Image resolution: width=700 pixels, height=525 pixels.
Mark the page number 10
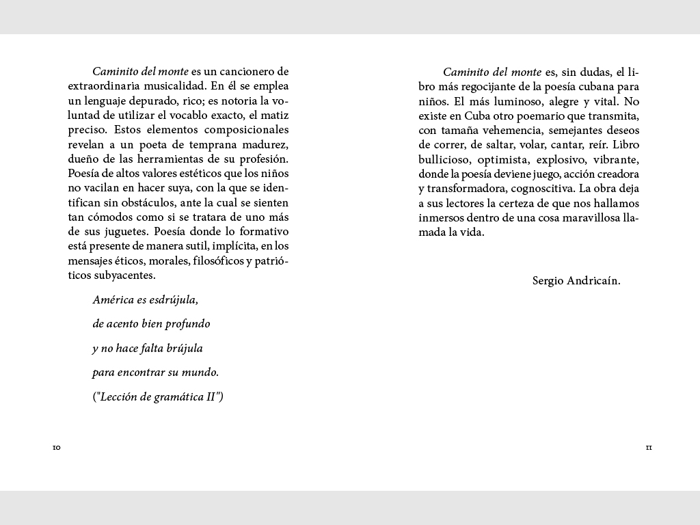click(x=57, y=448)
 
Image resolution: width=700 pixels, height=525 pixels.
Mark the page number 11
click(x=649, y=448)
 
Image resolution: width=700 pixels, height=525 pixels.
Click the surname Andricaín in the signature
click(x=594, y=280)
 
